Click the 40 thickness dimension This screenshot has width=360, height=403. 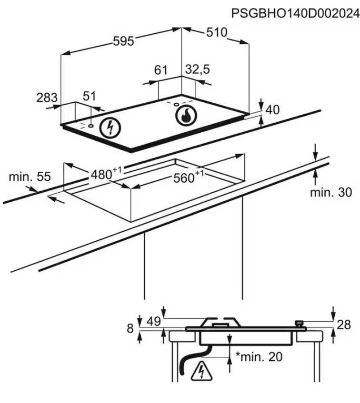272,110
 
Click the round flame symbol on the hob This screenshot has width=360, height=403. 185,116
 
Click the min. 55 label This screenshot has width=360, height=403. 29,177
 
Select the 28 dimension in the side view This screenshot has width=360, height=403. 343,325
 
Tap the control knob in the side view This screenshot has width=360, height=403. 300,324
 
